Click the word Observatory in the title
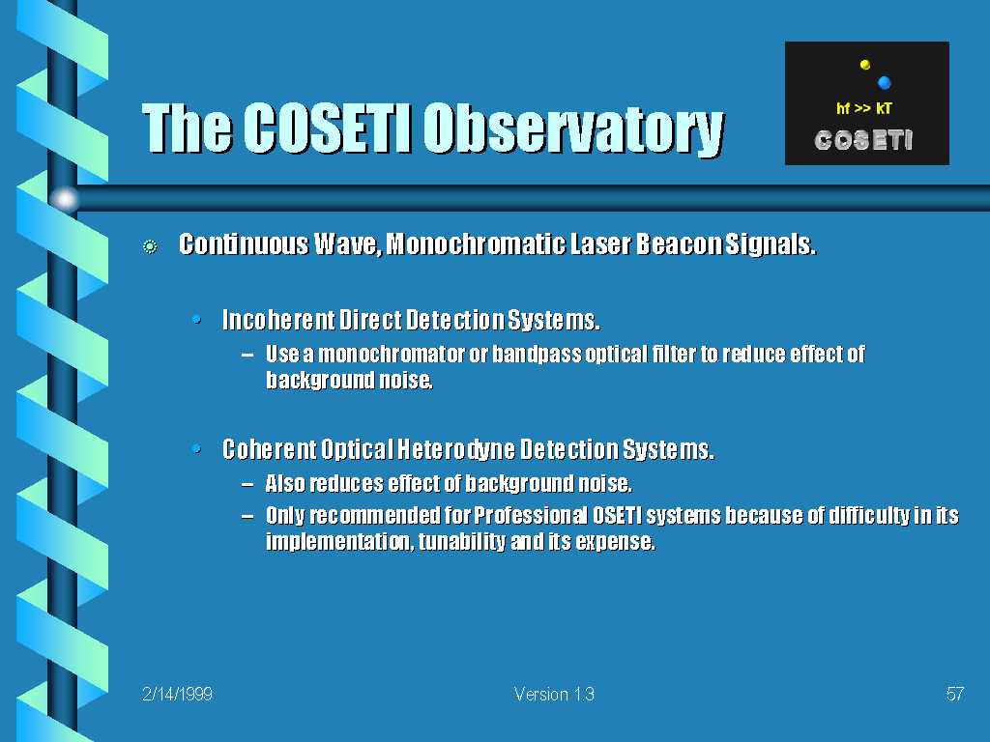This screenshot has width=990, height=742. click(x=573, y=128)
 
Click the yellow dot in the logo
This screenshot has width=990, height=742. click(x=865, y=65)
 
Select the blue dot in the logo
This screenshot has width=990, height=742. click(x=884, y=82)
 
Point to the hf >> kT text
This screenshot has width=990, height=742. click(x=863, y=108)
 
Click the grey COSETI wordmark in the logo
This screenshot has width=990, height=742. click(x=863, y=140)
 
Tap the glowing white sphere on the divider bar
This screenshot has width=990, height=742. click(x=65, y=199)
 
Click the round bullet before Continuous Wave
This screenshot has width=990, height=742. click(x=150, y=246)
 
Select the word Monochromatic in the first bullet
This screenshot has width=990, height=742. click(x=476, y=244)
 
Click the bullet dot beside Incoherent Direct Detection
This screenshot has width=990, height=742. click(x=196, y=320)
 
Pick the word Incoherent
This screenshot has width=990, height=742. click(x=278, y=320)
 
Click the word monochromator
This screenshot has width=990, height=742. click(x=392, y=354)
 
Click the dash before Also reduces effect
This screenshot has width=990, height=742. click(x=248, y=484)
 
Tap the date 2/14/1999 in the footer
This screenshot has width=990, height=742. click(x=178, y=694)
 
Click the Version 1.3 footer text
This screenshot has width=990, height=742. click(x=554, y=694)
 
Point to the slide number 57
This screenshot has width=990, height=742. click(x=954, y=694)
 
